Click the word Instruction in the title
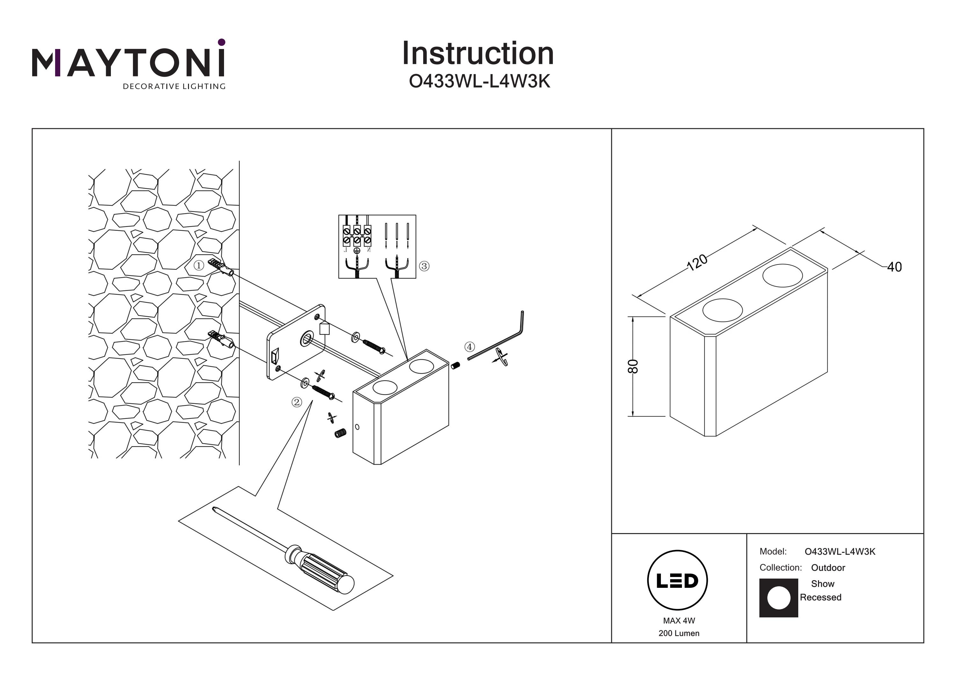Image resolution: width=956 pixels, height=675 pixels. [478, 54]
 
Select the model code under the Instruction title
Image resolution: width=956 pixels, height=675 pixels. [479, 81]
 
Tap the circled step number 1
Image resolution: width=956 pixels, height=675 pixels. [199, 265]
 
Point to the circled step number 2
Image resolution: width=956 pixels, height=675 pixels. [296, 402]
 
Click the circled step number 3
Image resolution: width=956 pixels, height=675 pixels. [424, 266]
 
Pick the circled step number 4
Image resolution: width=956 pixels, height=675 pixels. [469, 347]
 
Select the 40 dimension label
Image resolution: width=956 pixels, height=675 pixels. [894, 267]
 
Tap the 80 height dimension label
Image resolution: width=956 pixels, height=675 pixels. [633, 366]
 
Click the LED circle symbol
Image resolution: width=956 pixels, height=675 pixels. [677, 580]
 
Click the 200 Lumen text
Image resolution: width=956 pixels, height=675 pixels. [679, 633]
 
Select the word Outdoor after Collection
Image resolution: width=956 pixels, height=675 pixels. [828, 568]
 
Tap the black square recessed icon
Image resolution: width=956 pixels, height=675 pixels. [778, 598]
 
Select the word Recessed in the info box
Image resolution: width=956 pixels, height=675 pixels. [820, 597]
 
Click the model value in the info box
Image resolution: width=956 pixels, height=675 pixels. [840, 552]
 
